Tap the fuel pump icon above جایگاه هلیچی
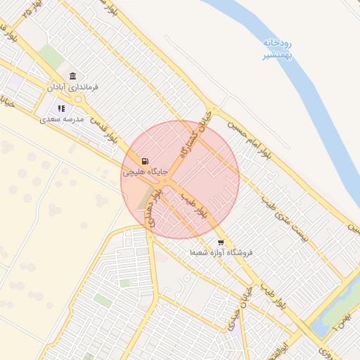tap(145, 161)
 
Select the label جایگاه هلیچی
tap(145, 172)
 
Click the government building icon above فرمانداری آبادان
tap(72, 76)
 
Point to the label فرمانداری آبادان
tap(72, 87)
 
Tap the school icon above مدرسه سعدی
tap(61, 109)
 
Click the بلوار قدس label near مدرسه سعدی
tap(112, 132)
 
